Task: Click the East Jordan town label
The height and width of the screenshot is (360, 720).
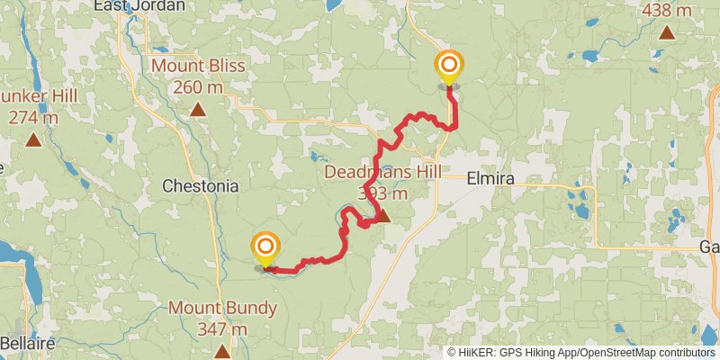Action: point(139,5)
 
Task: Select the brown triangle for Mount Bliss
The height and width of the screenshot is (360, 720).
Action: point(198,110)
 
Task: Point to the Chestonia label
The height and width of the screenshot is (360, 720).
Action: point(200,186)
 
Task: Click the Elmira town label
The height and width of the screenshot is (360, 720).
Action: point(490,179)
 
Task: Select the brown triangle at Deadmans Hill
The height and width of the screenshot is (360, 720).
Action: point(382,215)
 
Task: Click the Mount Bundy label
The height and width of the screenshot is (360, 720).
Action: point(222,309)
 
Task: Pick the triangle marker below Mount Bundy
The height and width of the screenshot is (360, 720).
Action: point(222,350)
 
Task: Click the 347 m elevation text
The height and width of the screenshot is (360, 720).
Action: point(222,329)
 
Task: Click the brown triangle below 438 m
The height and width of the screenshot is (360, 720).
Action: point(667,33)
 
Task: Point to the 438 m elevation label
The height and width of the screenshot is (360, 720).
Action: point(667,11)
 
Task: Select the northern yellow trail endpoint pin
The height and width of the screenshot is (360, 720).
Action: point(448,67)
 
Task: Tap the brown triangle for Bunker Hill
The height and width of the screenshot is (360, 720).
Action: point(33,139)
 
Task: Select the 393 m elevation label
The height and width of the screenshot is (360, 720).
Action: point(382,193)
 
